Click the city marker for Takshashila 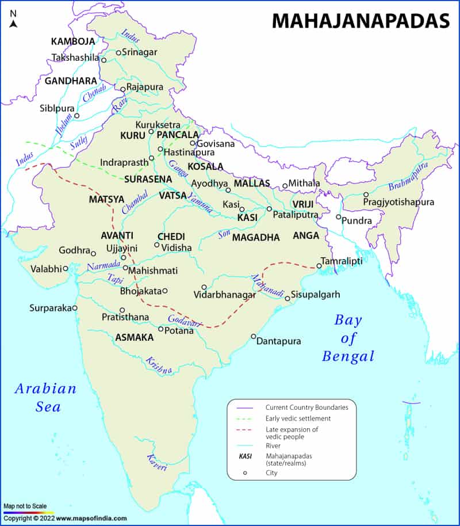[104, 59]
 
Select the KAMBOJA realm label [73, 41]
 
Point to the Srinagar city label [140, 52]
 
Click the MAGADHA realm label [256, 237]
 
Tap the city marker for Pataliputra [269, 209]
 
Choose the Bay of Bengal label [348, 338]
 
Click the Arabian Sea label [45, 397]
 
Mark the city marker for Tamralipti [319, 266]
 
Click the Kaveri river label [156, 463]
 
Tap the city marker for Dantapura [254, 336]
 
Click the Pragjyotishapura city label [398, 202]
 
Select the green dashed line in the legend [245, 418]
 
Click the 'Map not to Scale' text [25, 506]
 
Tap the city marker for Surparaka [75, 308]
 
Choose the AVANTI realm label [117, 235]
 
